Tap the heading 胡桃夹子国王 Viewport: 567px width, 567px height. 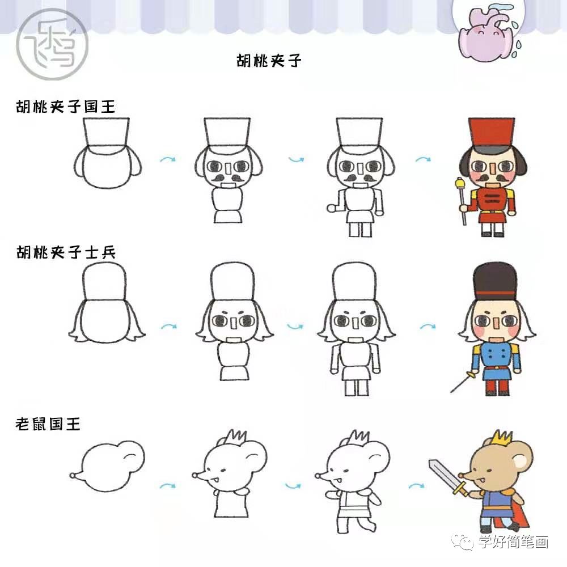[x=66, y=106]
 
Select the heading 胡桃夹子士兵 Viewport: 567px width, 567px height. [x=66, y=252]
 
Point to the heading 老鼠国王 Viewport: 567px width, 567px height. [x=48, y=424]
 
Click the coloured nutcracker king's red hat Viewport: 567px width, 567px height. [x=491, y=134]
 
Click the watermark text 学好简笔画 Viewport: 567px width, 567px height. [x=513, y=543]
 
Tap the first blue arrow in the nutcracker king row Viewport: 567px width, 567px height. [x=167, y=160]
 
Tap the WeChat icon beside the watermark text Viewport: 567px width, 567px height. [x=467, y=543]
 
